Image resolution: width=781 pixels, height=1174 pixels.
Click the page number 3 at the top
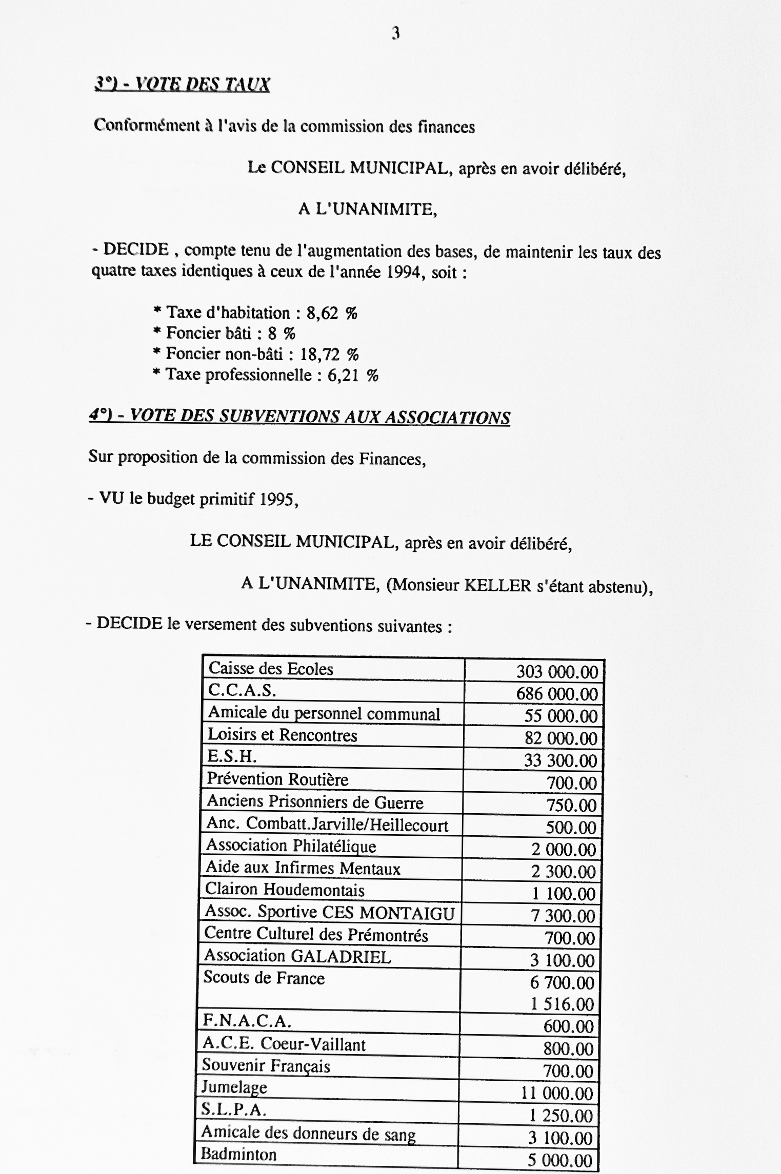(x=395, y=34)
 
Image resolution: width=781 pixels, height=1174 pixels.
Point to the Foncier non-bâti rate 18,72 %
(x=330, y=354)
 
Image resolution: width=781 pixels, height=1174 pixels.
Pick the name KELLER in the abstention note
(x=497, y=585)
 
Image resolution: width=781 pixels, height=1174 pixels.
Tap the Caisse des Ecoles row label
(x=271, y=669)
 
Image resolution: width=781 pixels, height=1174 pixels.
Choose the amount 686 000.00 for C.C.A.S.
(x=557, y=694)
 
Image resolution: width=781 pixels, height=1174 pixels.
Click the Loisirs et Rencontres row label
(x=282, y=735)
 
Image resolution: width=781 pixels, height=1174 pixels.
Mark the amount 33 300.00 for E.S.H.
(x=560, y=760)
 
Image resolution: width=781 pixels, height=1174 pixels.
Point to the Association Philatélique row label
(x=291, y=846)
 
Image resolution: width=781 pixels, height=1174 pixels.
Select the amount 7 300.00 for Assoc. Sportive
(x=563, y=916)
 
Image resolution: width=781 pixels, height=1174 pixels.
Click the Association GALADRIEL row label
(x=297, y=956)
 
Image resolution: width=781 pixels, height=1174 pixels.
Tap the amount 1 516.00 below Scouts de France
(x=562, y=1004)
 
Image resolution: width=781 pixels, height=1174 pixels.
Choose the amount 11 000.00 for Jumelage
(x=557, y=1094)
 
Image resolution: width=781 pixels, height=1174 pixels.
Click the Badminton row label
(x=238, y=1155)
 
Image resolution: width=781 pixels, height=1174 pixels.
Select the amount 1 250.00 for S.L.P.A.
(x=560, y=1116)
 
